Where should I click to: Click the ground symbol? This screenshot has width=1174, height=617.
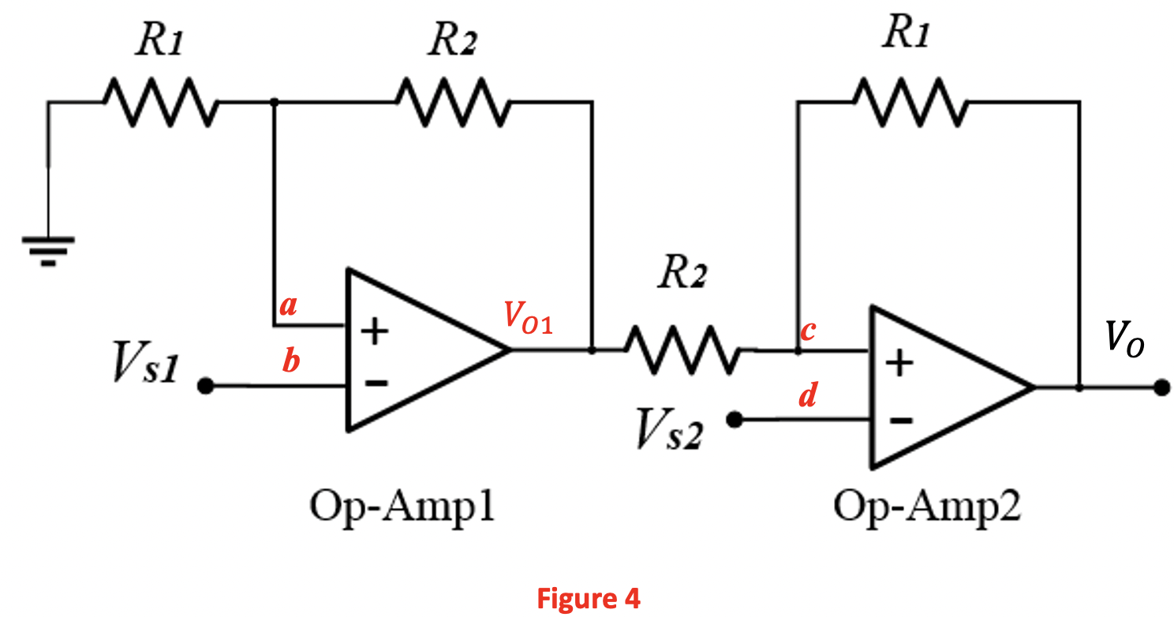48,249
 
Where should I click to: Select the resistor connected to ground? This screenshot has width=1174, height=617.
159,102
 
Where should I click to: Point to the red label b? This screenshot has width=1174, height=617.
291,361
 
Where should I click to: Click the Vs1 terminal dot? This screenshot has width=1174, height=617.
205,387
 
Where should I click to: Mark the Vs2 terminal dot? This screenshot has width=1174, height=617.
735,421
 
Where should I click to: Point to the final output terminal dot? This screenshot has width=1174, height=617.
1161,387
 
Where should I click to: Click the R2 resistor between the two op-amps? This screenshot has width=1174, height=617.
682,350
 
